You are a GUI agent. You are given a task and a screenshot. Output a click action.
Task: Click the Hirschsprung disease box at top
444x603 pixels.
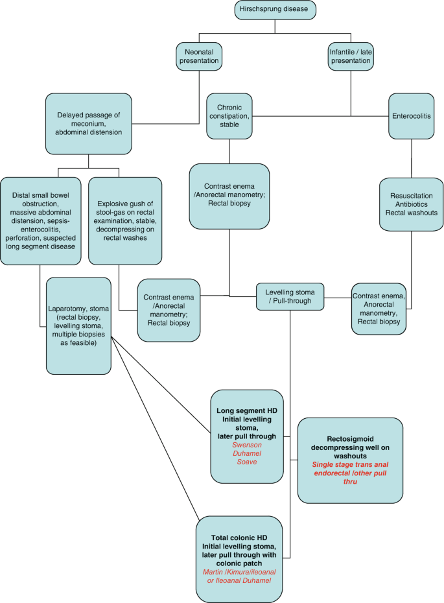(275, 10)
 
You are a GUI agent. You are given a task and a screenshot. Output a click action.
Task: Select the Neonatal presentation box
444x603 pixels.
(199, 55)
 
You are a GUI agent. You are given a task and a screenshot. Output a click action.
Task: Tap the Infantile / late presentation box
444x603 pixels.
(350, 55)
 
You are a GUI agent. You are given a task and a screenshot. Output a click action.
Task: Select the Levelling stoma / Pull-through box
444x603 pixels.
(290, 296)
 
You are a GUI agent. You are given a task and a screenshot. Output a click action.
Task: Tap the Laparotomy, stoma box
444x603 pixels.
(78, 325)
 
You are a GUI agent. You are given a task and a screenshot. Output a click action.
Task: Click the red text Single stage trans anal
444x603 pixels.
(350, 464)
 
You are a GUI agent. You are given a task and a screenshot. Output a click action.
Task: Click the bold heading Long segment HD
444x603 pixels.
(247, 410)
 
